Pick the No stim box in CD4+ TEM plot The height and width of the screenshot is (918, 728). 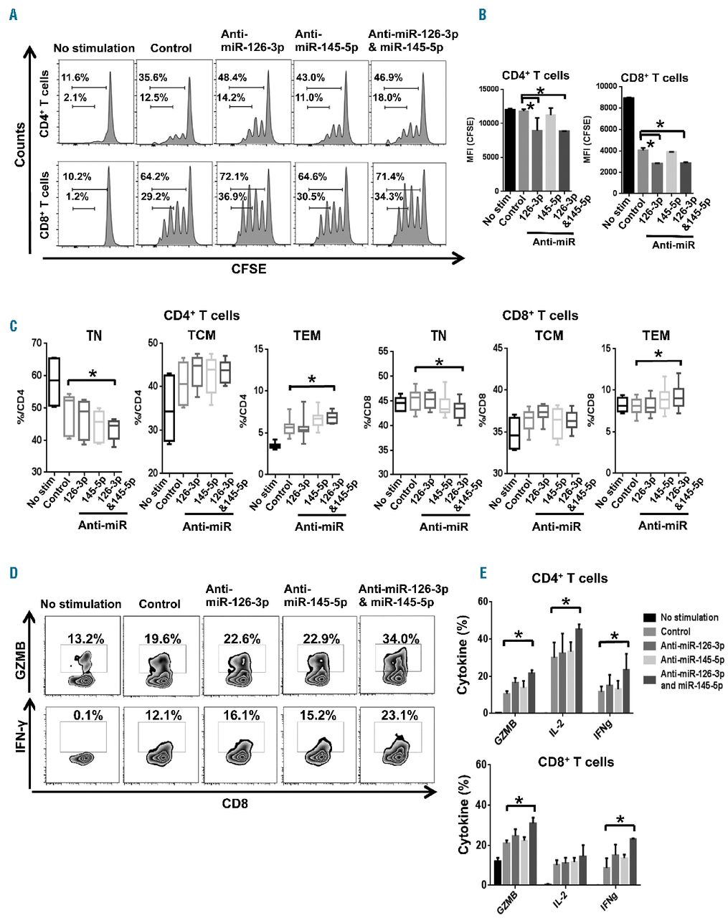click(273, 446)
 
